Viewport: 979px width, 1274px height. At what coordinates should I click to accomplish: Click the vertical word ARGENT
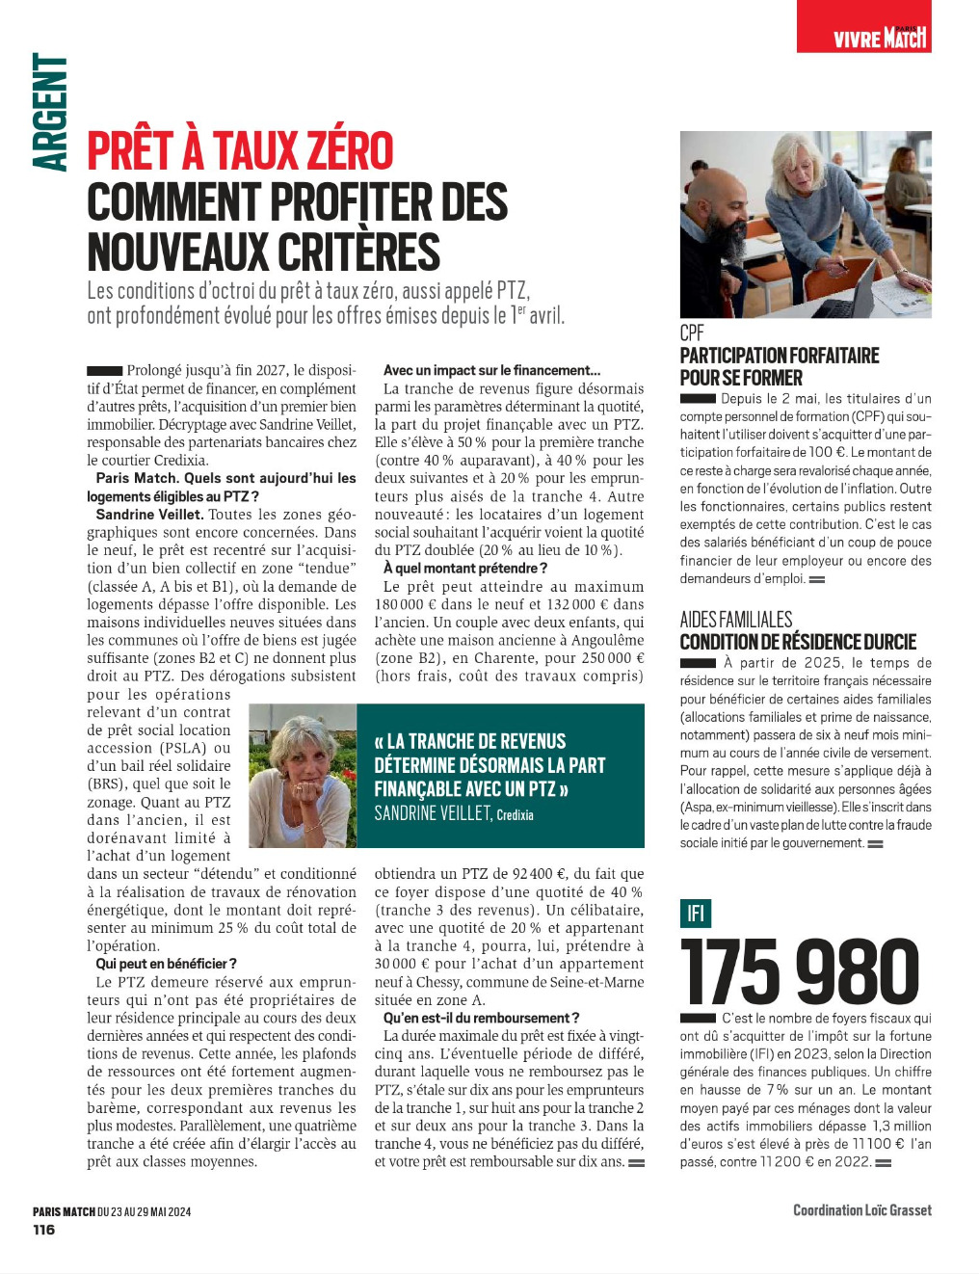pos(50,113)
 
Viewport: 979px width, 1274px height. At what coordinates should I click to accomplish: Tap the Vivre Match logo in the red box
pos(879,38)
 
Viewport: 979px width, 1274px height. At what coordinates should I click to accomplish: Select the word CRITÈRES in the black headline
pos(359,252)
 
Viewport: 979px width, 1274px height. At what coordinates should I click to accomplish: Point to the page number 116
pos(44,1230)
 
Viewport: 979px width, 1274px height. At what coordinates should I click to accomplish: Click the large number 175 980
pos(800,971)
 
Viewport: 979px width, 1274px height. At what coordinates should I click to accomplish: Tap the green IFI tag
pos(695,913)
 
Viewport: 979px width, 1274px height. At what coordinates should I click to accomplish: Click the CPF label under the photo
pos(692,333)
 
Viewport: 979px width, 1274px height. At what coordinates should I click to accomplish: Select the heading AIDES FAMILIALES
pos(736,620)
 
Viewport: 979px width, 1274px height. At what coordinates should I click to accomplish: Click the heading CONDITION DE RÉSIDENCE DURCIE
pos(798,642)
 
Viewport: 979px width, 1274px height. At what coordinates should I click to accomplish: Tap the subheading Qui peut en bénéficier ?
pos(166,964)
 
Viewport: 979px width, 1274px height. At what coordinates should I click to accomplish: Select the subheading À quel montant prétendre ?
pos(465,569)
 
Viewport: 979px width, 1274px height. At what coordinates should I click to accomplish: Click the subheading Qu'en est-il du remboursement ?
pos(481,1018)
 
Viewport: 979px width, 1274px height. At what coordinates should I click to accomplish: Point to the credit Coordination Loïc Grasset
pos(862,1210)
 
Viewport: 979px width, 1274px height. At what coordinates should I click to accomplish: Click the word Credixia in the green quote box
pos(516,815)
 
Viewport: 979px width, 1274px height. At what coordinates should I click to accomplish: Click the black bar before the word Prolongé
pos(104,371)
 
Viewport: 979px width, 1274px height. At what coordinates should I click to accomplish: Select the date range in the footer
pos(145,1212)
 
